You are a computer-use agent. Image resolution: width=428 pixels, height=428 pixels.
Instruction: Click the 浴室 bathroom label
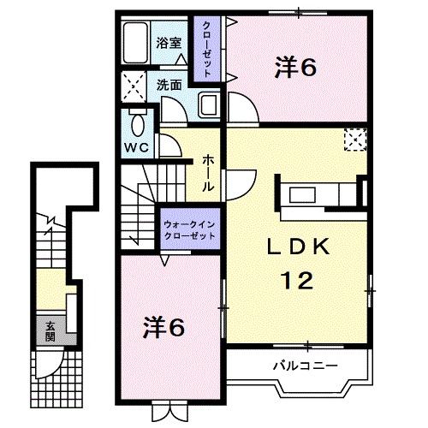tap(168, 43)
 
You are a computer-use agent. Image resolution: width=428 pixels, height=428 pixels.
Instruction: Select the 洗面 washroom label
tap(169, 85)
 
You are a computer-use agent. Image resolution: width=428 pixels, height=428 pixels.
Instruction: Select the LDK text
tap(297, 247)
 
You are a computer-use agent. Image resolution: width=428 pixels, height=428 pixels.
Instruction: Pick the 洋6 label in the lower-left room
tap(164, 326)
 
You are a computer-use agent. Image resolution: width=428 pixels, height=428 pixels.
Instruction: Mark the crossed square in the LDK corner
tap(354, 139)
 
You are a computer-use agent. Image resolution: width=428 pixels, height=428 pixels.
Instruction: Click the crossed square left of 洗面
tap(134, 86)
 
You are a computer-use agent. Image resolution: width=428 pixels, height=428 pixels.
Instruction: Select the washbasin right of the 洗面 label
tap(209, 106)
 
